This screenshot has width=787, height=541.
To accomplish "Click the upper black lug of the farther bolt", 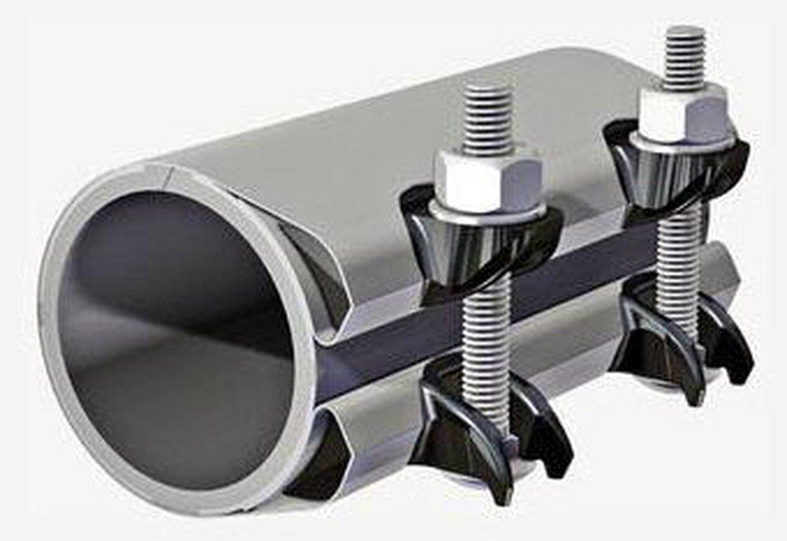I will (677, 173).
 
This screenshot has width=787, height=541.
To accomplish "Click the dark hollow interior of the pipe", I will (173, 330).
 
